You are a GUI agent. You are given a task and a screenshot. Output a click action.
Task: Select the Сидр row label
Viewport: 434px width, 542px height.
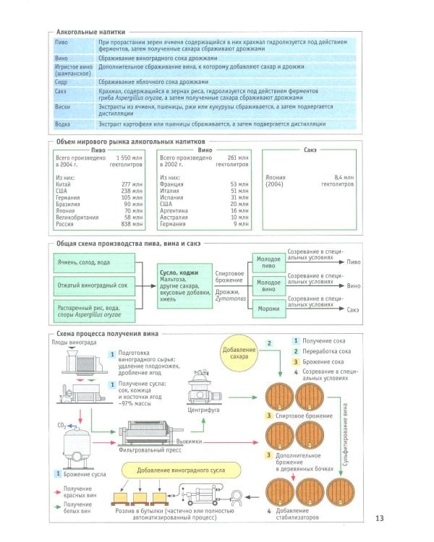61,82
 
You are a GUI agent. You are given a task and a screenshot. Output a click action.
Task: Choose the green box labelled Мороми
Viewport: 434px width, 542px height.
268,309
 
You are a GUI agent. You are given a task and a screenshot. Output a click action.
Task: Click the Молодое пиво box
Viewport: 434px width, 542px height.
268,262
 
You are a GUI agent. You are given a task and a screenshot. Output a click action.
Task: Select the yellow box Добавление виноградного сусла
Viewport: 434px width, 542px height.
179,470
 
